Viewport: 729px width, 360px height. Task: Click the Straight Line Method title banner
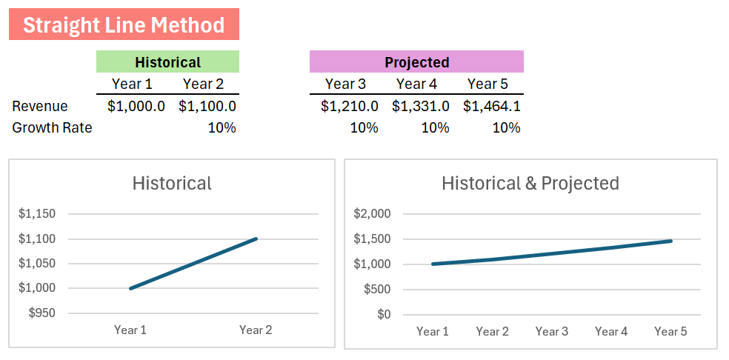coord(124,24)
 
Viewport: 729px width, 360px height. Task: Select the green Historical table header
coord(167,62)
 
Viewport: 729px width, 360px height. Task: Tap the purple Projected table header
coord(416,62)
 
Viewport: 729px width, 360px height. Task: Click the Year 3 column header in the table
coord(345,84)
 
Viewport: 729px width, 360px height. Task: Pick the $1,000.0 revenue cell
coord(136,106)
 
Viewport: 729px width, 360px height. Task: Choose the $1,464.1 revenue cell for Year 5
coord(492,106)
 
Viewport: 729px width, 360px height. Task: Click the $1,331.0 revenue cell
coord(421,106)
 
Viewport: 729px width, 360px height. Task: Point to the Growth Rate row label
coord(52,127)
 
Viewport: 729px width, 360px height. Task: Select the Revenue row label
coord(40,106)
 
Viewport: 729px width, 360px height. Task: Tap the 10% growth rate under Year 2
coord(222,127)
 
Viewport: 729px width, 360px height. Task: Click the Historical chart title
coord(172,183)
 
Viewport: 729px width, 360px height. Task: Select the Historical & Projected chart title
coord(530,183)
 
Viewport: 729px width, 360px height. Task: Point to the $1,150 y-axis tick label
coord(37,214)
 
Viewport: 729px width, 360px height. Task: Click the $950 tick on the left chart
coord(41,313)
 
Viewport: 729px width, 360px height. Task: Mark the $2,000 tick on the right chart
coord(372,214)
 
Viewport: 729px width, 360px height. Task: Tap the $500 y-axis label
coord(377,289)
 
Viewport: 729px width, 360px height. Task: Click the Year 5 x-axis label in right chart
coord(670,331)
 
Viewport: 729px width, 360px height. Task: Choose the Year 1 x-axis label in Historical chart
coord(130,330)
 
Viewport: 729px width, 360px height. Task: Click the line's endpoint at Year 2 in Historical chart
coord(256,239)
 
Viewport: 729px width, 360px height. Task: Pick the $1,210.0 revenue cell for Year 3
coord(350,106)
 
